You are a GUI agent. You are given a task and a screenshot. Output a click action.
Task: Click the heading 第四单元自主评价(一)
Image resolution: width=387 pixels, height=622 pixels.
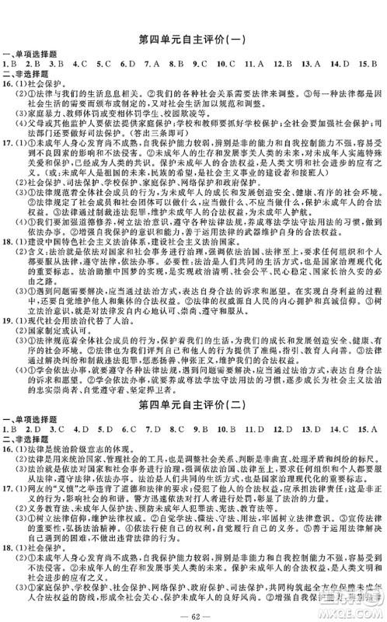[193, 38]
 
